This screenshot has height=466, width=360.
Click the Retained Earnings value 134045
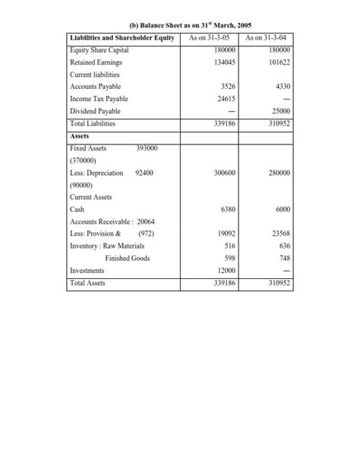(x=221, y=62)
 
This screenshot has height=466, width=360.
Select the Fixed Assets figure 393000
(x=146, y=148)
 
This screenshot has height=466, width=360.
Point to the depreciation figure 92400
(x=144, y=173)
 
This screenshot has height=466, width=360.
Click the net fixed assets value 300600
(x=221, y=173)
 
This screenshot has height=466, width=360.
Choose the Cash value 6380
(x=226, y=209)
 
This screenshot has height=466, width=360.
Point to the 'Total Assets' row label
(x=87, y=283)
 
